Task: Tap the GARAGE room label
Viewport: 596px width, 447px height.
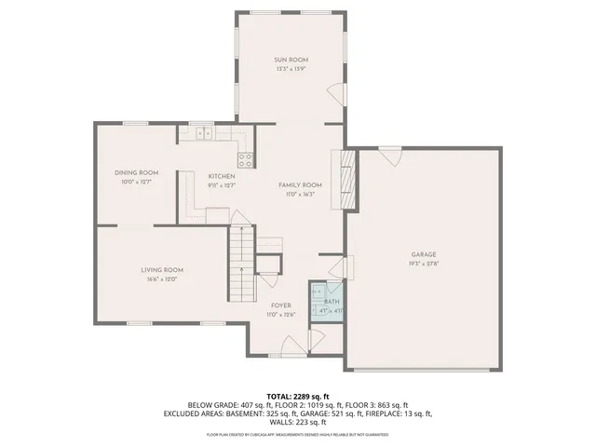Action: tap(424, 254)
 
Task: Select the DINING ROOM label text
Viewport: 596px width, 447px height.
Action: tap(136, 172)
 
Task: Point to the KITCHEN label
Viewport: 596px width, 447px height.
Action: tap(221, 176)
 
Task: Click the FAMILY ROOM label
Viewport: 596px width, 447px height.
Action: tap(300, 184)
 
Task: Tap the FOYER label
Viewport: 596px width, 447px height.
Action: tap(280, 305)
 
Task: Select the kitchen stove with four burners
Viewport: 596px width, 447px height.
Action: tap(246, 158)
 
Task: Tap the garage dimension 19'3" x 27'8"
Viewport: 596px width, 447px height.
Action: tap(424, 264)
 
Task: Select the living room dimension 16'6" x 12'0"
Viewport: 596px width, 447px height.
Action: tap(161, 278)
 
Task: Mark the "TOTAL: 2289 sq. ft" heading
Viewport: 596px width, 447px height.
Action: tap(298, 396)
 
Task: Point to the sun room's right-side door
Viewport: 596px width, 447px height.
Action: tap(336, 91)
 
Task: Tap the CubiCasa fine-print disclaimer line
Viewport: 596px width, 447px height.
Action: tap(298, 433)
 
